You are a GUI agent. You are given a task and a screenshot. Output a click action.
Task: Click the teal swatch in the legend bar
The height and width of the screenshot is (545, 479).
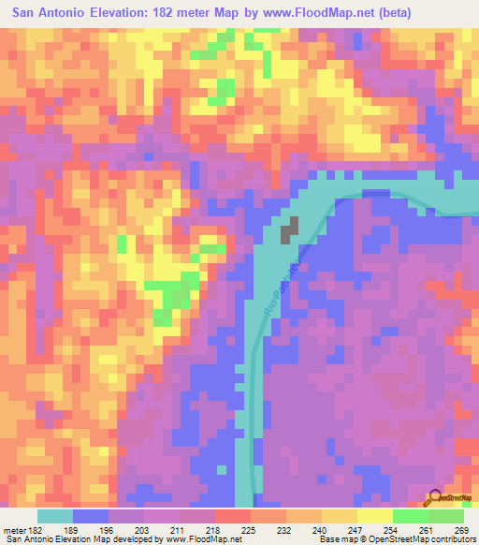click(x=55, y=516)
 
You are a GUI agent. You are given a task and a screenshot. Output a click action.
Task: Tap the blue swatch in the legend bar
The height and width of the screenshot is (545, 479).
click(x=91, y=516)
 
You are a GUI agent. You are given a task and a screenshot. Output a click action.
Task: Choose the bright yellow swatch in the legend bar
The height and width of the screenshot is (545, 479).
click(x=375, y=516)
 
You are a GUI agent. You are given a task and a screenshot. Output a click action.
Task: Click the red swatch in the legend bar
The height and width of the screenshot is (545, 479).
click(x=233, y=516)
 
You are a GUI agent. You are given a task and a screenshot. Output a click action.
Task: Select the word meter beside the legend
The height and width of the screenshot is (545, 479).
click(x=16, y=530)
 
